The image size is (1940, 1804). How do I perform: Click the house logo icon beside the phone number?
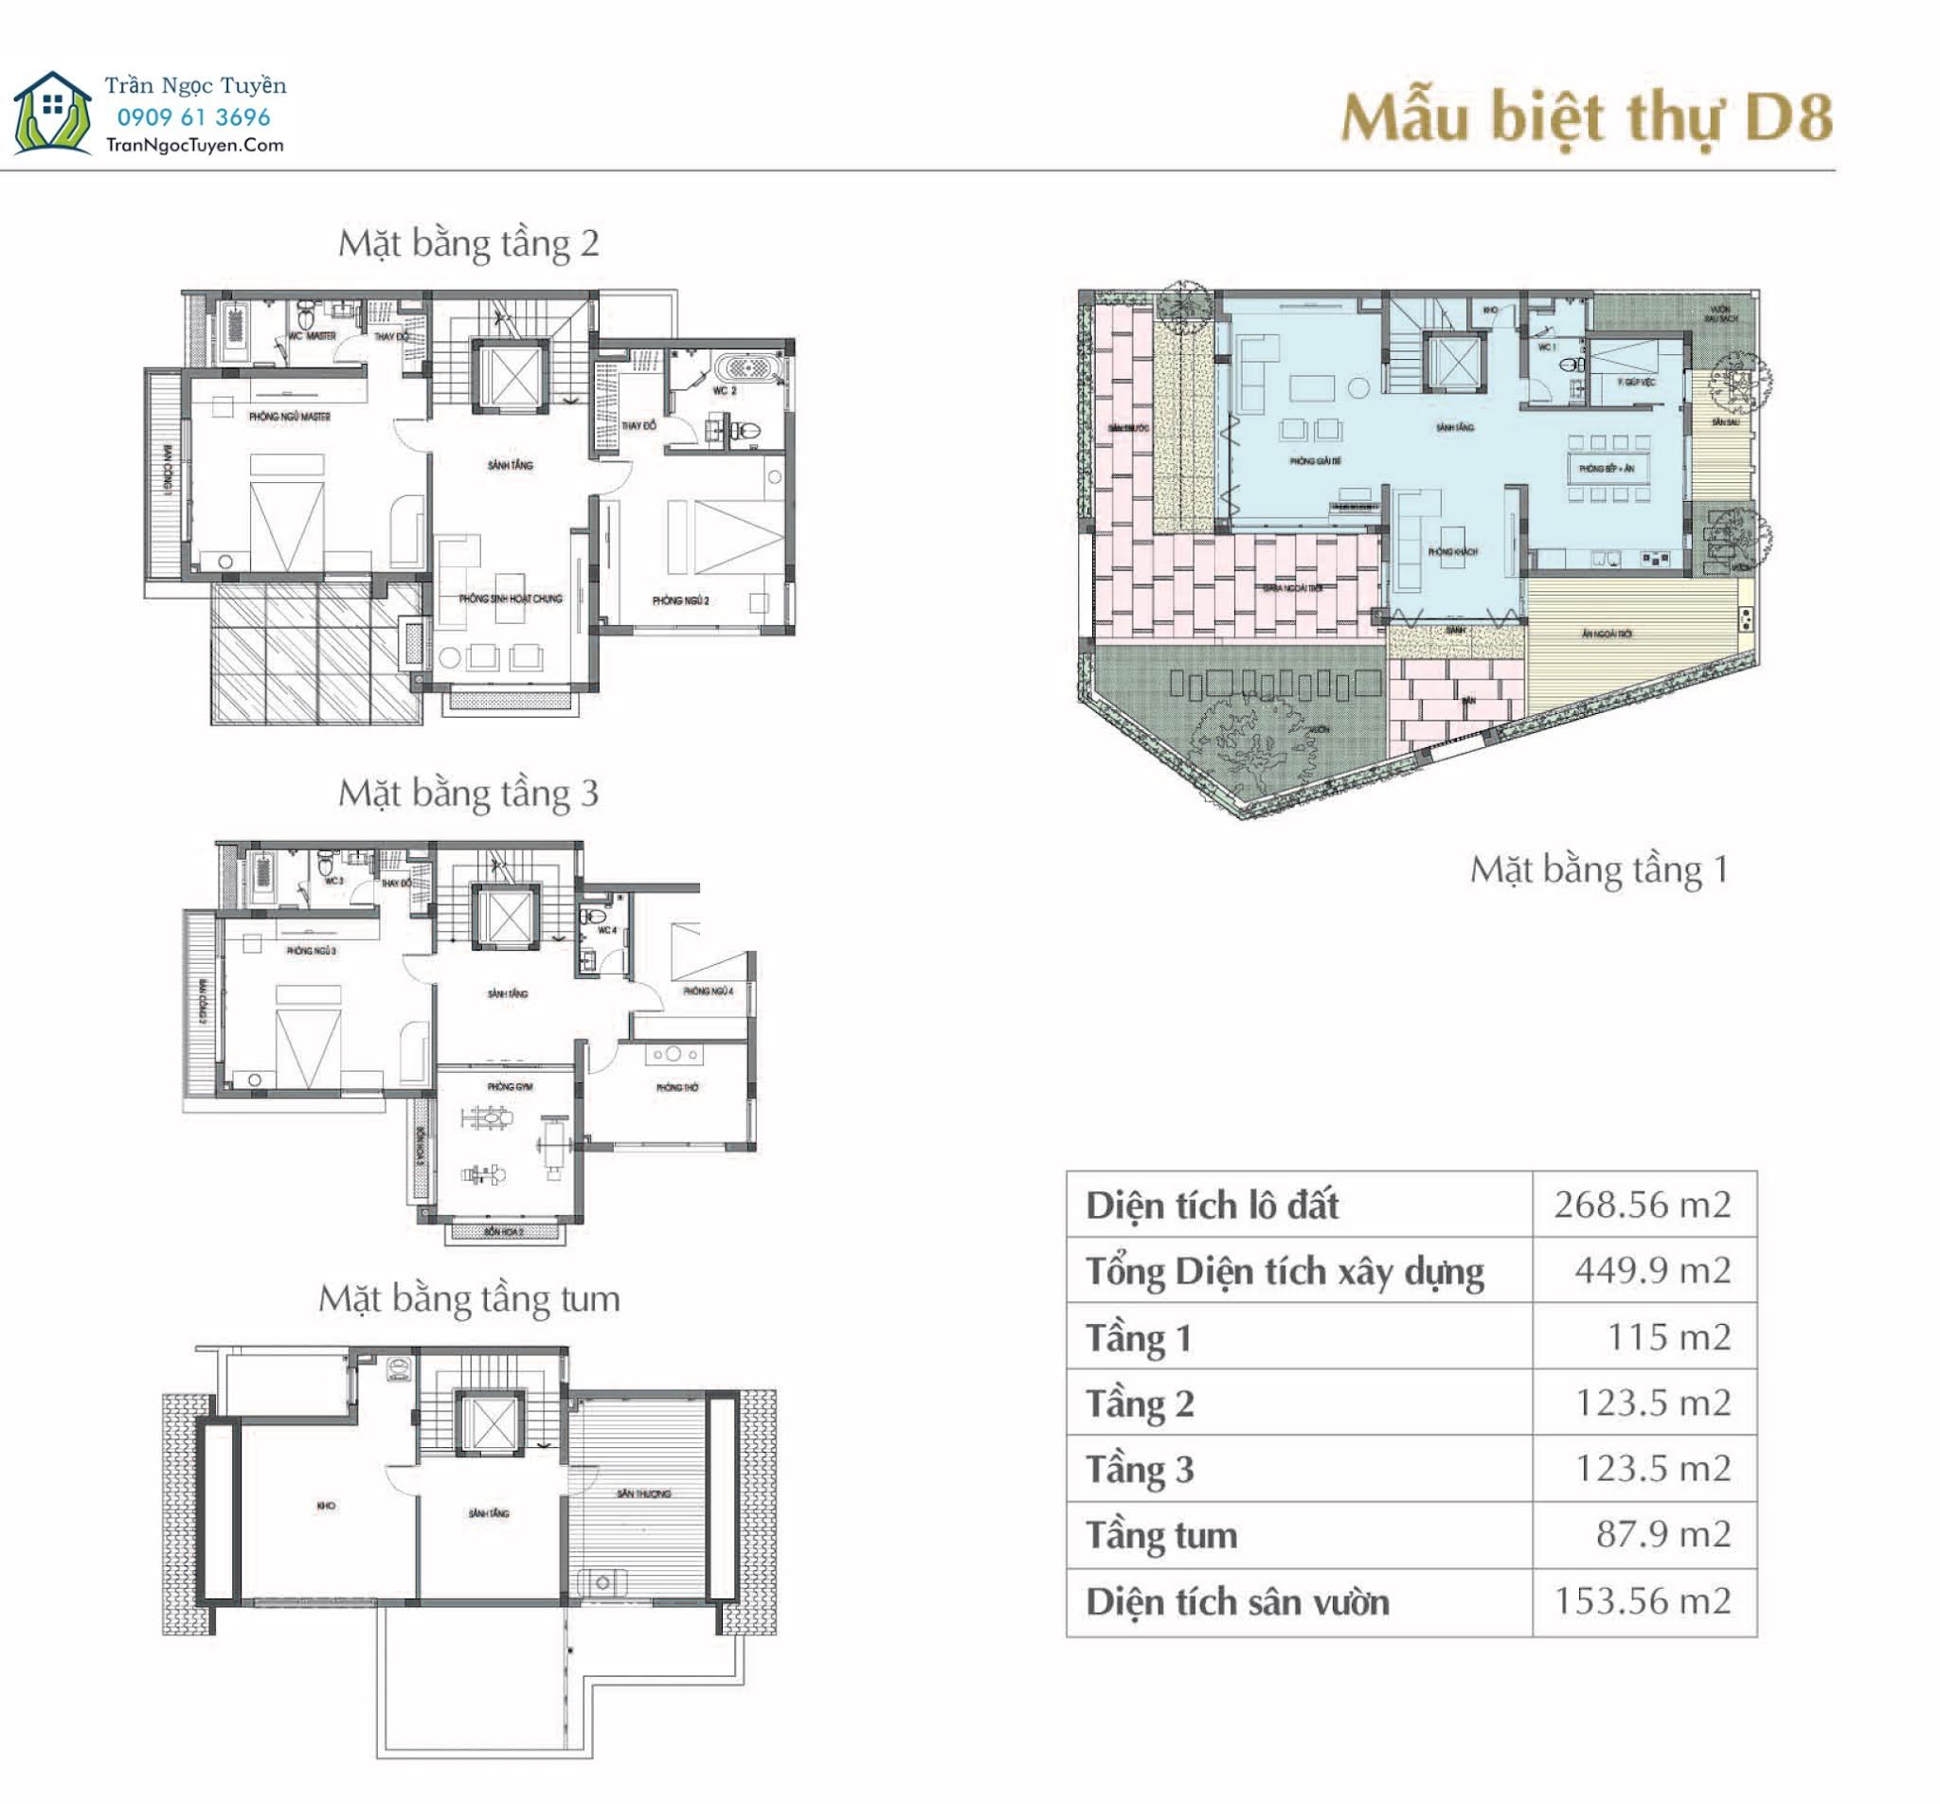click(x=53, y=115)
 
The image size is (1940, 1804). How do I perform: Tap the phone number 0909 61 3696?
click(x=193, y=117)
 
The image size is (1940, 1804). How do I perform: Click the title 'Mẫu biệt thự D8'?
click(x=1585, y=118)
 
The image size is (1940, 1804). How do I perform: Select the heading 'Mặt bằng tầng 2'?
click(x=468, y=243)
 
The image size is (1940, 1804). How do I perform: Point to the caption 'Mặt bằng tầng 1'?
click(x=1598, y=868)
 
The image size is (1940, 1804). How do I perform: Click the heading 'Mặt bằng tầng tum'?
click(x=468, y=1297)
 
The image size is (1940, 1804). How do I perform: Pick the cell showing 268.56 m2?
click(x=1643, y=1204)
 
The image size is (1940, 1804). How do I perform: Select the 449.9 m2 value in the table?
click(x=1652, y=1269)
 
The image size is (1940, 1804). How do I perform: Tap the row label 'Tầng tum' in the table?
click(x=1161, y=1535)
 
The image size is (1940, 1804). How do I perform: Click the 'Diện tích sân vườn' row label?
click(x=1237, y=1601)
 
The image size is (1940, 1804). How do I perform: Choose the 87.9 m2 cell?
click(x=1662, y=1534)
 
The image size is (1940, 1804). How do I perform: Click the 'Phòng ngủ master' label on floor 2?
click(x=290, y=417)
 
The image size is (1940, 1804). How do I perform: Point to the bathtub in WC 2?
click(x=747, y=368)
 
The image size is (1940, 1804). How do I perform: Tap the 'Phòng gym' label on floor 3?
click(x=510, y=1086)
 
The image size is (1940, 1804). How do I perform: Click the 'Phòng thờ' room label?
click(x=677, y=1087)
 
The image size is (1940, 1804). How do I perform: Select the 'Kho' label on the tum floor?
click(x=326, y=1506)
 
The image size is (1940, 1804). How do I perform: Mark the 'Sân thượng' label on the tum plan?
click(x=644, y=1492)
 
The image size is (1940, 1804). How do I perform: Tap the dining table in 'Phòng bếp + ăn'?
click(x=1608, y=469)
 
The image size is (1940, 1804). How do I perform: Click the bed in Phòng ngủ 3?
click(x=309, y=1036)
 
